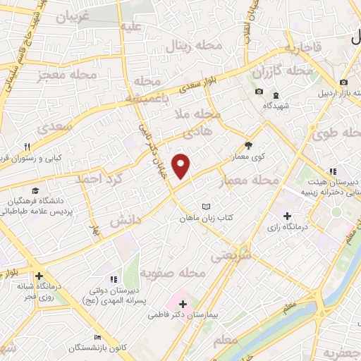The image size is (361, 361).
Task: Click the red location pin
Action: pos(183,165)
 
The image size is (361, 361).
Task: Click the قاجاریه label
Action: pos(303,48)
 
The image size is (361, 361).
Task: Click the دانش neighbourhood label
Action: pos(127,220)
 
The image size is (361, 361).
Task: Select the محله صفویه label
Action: pos(173,272)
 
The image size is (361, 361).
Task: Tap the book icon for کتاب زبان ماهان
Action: pos(206,207)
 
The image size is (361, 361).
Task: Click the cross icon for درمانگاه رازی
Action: pos(286,215)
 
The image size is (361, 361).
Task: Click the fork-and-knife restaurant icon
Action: pos(26,147)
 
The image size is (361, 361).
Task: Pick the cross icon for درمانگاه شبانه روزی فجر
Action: pos(39,276)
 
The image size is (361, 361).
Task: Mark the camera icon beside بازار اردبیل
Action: pos(343,83)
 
